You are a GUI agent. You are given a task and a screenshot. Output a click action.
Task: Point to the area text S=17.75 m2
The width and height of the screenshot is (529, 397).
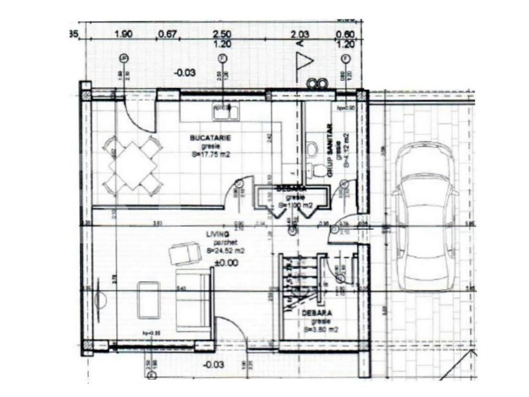click(210, 155)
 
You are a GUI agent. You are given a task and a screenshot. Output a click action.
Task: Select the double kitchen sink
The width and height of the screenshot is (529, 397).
click(225, 112)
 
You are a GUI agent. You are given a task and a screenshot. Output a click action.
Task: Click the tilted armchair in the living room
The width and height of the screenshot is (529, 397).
click(185, 253)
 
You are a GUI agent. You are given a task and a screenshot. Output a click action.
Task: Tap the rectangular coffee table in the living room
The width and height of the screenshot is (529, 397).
click(149, 299)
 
